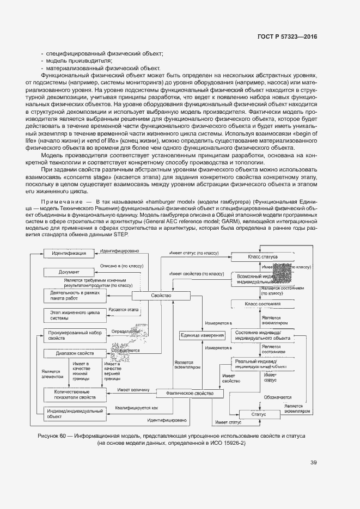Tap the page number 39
tap(313, 463)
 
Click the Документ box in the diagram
tap(69, 272)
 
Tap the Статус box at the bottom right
tap(258, 414)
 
